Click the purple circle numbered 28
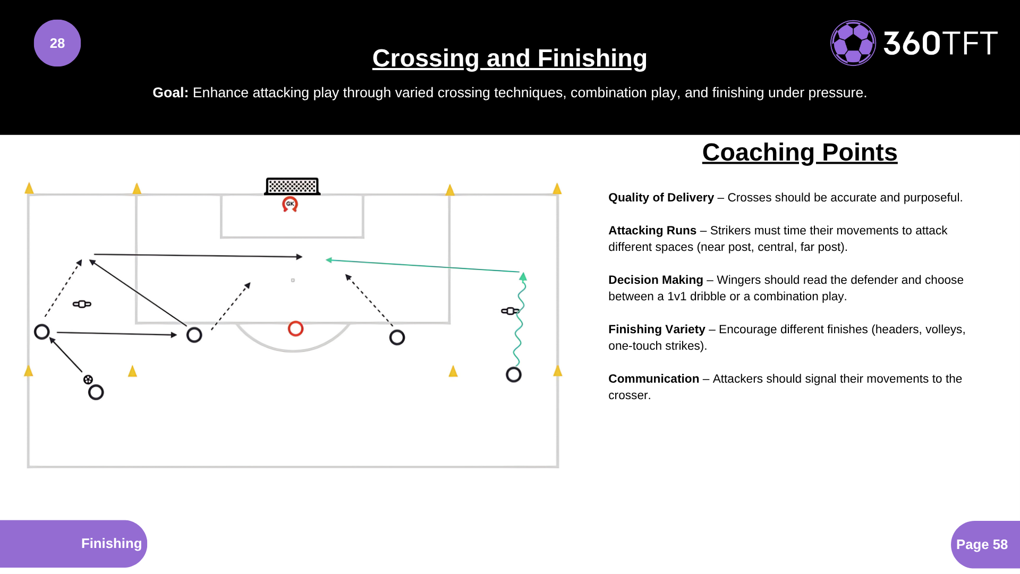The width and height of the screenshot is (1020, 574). (x=57, y=43)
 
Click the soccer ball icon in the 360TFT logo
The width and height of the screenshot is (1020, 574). (x=853, y=43)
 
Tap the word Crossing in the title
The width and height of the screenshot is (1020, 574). (x=426, y=58)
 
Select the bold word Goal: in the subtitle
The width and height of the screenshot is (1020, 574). (x=171, y=93)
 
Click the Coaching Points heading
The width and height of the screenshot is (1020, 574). (x=800, y=153)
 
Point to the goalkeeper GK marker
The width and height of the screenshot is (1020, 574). (x=290, y=204)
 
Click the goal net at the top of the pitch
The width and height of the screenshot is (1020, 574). (x=292, y=186)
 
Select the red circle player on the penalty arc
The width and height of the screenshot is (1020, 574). (x=295, y=329)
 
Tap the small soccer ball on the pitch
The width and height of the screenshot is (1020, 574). (x=88, y=379)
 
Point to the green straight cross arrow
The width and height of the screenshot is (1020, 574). (x=425, y=266)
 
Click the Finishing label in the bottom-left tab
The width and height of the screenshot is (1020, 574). (x=111, y=544)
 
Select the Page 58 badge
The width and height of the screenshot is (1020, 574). (x=982, y=545)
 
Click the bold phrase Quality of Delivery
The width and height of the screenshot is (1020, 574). (x=661, y=198)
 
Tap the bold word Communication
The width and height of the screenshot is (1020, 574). (x=653, y=379)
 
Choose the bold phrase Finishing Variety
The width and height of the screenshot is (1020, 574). (x=657, y=330)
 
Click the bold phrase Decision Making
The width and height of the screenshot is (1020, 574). (x=656, y=280)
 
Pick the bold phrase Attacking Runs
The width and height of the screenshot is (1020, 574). (x=652, y=231)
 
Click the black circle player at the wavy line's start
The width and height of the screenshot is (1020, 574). (x=514, y=375)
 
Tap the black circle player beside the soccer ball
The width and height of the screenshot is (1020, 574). (x=96, y=393)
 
